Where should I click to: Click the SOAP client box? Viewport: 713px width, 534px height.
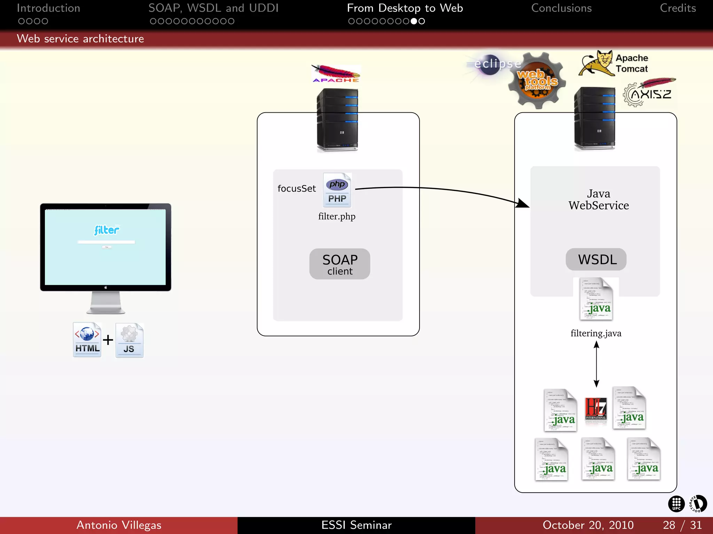[339, 264]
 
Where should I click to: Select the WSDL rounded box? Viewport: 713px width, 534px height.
[596, 259]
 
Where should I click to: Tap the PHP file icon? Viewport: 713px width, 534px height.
[337, 190]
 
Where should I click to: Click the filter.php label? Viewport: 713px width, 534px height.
[337, 216]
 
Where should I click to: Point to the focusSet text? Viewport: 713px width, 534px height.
[297, 188]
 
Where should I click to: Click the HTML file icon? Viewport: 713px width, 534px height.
[87, 340]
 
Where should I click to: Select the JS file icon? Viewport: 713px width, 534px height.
[129, 340]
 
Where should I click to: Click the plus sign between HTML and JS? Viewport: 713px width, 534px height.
[108, 340]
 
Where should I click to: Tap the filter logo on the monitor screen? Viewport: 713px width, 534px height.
[107, 230]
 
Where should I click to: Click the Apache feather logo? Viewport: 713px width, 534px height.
[336, 73]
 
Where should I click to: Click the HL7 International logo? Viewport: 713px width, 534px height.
[596, 409]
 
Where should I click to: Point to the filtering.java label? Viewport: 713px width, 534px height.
[596, 333]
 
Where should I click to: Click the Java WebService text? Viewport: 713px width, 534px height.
[598, 200]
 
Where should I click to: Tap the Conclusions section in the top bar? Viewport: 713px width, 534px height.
[561, 8]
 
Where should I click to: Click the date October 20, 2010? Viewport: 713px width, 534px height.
[588, 525]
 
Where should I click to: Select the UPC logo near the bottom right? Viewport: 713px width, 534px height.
[676, 504]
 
